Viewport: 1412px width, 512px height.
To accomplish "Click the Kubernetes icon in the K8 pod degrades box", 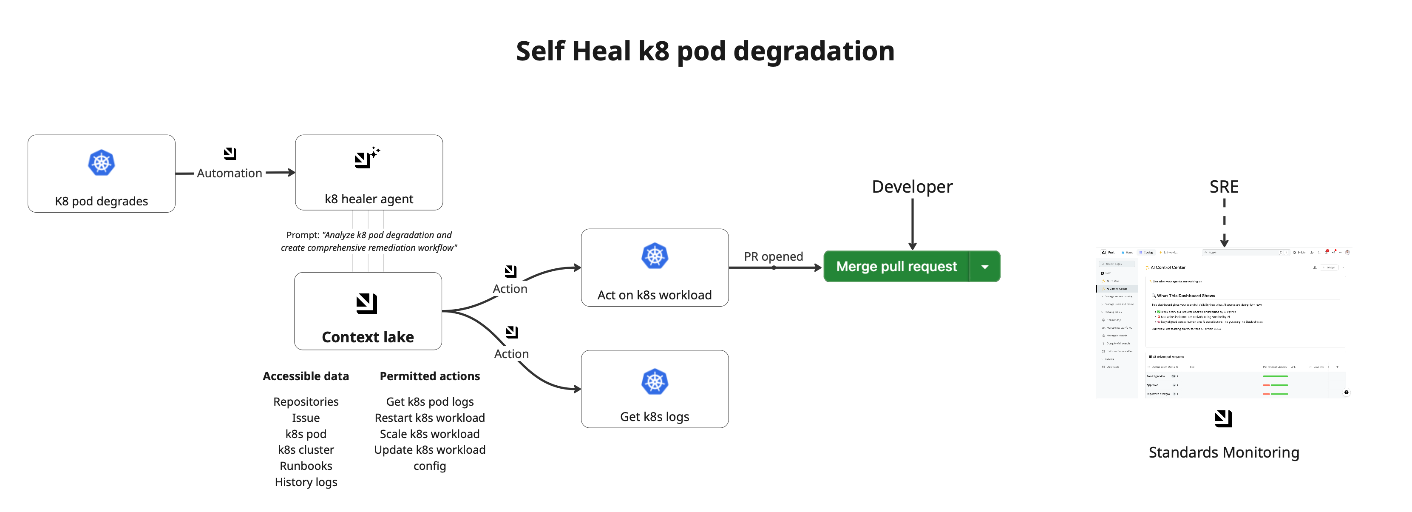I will [102, 163].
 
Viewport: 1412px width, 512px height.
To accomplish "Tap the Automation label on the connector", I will [229, 173].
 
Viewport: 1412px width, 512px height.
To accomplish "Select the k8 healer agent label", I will [369, 199].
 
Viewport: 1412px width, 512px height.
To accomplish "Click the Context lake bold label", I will [368, 337].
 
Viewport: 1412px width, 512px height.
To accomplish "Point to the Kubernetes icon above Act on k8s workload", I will [655, 256].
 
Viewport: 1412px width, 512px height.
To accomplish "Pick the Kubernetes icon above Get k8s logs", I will [655, 382].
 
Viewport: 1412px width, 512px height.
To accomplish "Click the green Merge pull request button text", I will [896, 266].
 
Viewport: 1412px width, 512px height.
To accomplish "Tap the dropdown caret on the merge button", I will [984, 267].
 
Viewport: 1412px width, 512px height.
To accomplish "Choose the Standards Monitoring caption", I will [1223, 452].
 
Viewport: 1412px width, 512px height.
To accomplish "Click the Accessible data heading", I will [306, 376].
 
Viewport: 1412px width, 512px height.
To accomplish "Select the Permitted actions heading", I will [430, 376].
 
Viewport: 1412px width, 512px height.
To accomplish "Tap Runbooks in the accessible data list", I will [306, 466].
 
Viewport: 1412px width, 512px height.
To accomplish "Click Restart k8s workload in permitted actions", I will [430, 418].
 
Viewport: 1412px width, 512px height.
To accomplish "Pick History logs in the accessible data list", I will [306, 482].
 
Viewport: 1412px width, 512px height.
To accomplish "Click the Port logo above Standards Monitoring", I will [1223, 419].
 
